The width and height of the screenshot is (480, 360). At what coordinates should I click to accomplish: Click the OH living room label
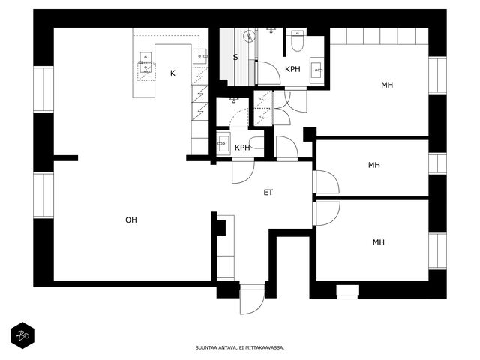click(x=131, y=220)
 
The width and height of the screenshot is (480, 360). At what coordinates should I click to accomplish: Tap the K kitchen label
click(x=172, y=73)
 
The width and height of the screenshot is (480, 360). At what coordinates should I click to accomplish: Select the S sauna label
click(x=235, y=57)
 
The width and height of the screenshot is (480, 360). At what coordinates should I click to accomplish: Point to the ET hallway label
click(x=268, y=193)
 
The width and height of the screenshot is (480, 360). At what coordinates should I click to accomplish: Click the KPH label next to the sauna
click(x=292, y=69)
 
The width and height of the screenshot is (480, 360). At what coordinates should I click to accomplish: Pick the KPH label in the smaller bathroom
click(x=242, y=148)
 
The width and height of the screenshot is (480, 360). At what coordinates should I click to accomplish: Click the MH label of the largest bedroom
click(x=387, y=85)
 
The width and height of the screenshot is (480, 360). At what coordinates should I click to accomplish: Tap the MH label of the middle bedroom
click(x=374, y=165)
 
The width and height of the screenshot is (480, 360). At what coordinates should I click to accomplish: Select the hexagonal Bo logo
click(x=22, y=335)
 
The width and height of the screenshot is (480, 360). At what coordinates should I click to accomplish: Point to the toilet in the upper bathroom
click(x=297, y=40)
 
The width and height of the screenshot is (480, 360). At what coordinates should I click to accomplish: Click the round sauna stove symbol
click(x=250, y=37)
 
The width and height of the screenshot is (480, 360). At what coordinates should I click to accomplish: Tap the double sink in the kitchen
click(x=145, y=62)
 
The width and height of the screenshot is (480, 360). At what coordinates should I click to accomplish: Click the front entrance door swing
click(x=252, y=300)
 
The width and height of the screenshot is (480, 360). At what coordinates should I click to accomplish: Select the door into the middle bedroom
click(x=326, y=182)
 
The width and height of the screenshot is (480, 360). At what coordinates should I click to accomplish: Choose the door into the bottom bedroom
click(x=326, y=213)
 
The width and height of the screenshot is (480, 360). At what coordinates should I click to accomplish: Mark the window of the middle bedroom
click(x=437, y=163)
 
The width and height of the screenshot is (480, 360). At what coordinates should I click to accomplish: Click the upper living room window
click(x=43, y=89)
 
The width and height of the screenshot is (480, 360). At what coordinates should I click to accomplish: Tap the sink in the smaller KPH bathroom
click(x=223, y=143)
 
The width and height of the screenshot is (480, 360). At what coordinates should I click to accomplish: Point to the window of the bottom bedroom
click(x=437, y=251)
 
